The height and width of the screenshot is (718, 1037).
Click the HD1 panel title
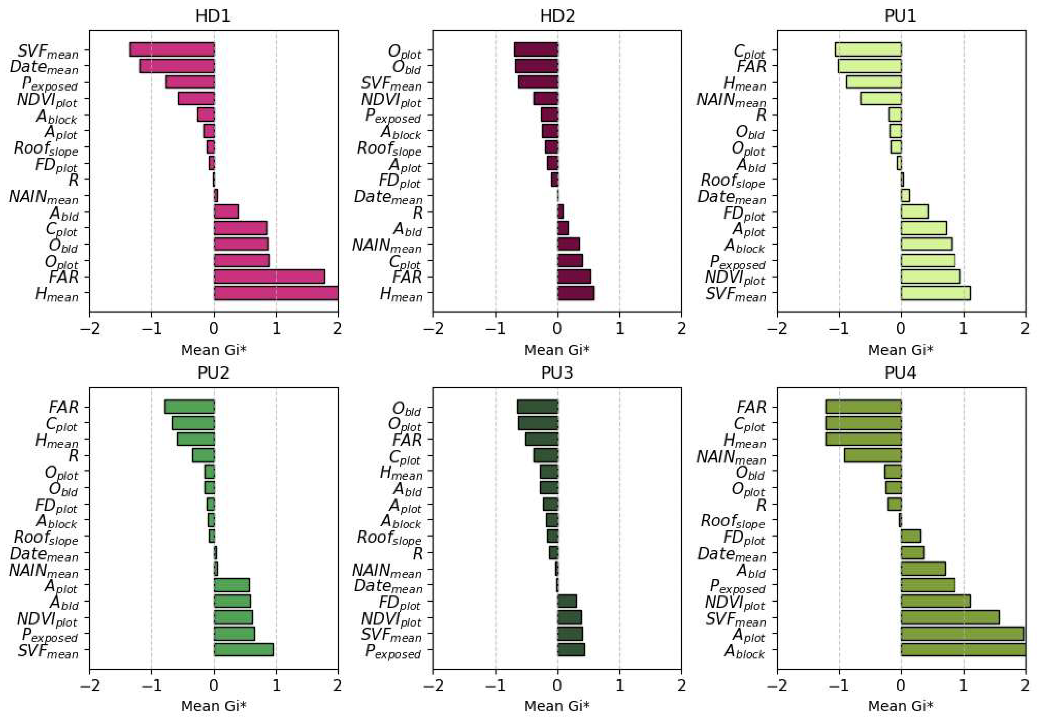coord(213,16)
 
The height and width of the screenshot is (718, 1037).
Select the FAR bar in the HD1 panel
coord(269,277)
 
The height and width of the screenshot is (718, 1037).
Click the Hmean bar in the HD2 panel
coord(576,293)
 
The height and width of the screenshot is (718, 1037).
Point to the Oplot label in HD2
coord(405,52)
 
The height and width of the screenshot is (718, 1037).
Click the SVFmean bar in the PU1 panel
coord(935,293)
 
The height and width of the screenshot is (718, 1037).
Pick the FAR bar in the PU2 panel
coord(190,407)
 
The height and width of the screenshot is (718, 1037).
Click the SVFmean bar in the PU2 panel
coord(244,650)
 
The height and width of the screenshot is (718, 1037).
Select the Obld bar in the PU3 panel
coord(538,407)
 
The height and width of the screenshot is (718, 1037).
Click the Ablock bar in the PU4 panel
coord(963,650)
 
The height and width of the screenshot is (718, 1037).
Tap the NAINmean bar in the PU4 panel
coord(872,455)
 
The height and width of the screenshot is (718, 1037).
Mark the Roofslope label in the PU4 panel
coord(733,522)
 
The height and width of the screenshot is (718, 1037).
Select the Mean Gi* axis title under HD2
coord(557,350)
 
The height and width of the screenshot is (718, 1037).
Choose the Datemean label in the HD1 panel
coord(44,68)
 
